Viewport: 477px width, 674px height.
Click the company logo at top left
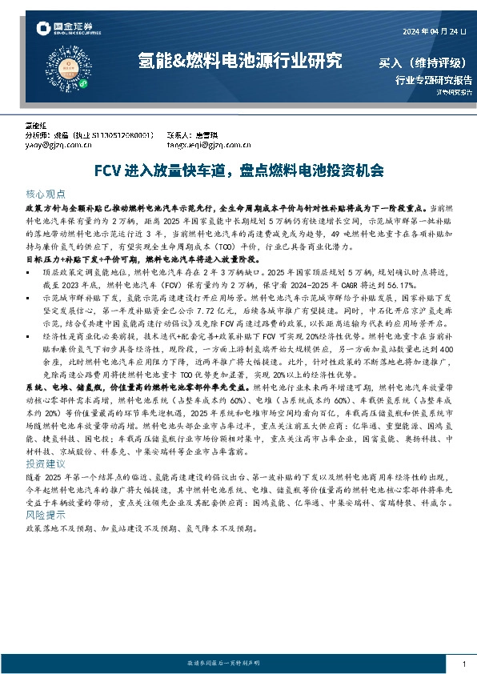click(69, 31)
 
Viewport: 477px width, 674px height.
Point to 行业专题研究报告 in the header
click(434, 80)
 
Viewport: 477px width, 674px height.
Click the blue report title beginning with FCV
click(238, 171)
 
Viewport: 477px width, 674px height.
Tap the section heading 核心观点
click(44, 195)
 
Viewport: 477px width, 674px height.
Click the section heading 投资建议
click(44, 463)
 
